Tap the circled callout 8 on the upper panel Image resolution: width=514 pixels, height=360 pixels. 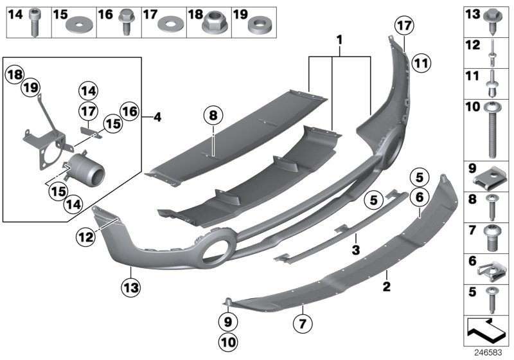coord(213,116)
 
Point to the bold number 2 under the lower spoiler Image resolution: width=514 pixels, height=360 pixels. coord(387,283)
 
